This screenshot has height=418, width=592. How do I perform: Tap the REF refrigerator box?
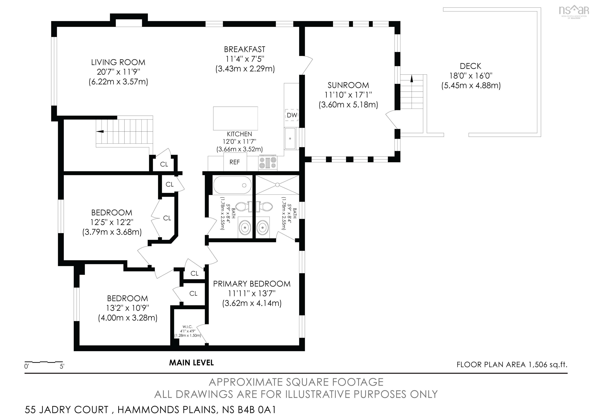point(235,162)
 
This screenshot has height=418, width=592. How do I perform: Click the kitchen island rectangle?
point(235,118)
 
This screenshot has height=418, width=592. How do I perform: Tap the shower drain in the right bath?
point(277,185)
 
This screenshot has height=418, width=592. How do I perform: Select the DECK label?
point(471,66)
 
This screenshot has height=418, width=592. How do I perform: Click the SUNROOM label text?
point(348,85)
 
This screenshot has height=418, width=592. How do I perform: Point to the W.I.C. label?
point(188,327)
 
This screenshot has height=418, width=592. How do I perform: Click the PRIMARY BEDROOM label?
point(252,284)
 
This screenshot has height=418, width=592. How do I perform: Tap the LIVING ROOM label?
point(118,62)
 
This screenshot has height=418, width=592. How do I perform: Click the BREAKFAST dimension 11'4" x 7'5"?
point(245,59)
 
